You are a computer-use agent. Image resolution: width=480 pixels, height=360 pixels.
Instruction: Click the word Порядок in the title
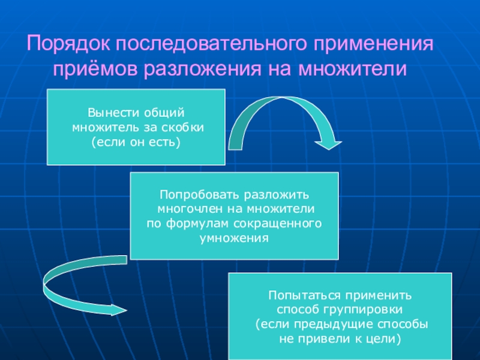68,45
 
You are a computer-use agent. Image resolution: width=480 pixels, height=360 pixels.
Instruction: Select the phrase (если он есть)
136,142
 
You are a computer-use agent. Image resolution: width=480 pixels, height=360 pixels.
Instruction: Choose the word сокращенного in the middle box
288,224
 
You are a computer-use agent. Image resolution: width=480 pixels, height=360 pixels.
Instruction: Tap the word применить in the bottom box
373,296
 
